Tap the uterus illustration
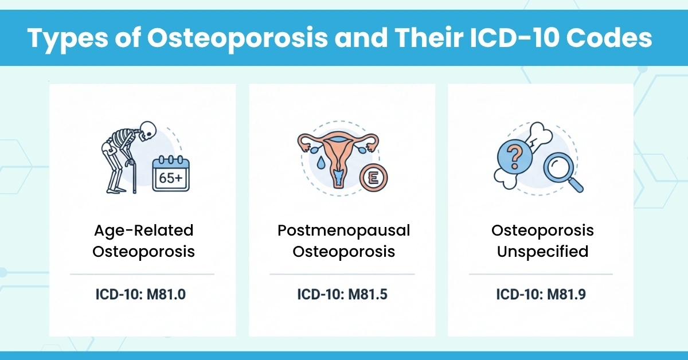point(339,152)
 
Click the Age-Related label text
point(143,230)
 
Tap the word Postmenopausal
point(343,230)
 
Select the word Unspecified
point(542,252)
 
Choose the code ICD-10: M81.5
point(343,295)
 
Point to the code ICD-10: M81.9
point(542,295)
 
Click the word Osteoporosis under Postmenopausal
point(343,252)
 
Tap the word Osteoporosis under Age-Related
point(143,252)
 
